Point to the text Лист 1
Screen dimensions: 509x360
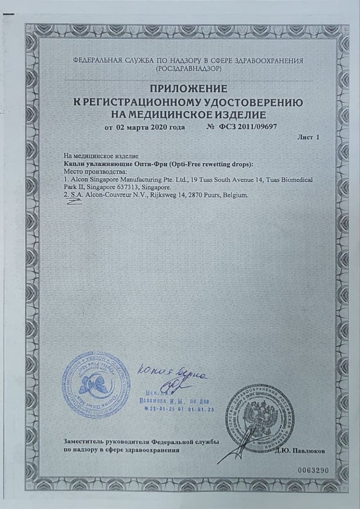pyautogui.click(x=308, y=136)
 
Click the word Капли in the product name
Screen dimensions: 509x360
pyautogui.click(x=74, y=165)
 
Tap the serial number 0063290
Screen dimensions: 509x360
pyautogui.click(x=313, y=470)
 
